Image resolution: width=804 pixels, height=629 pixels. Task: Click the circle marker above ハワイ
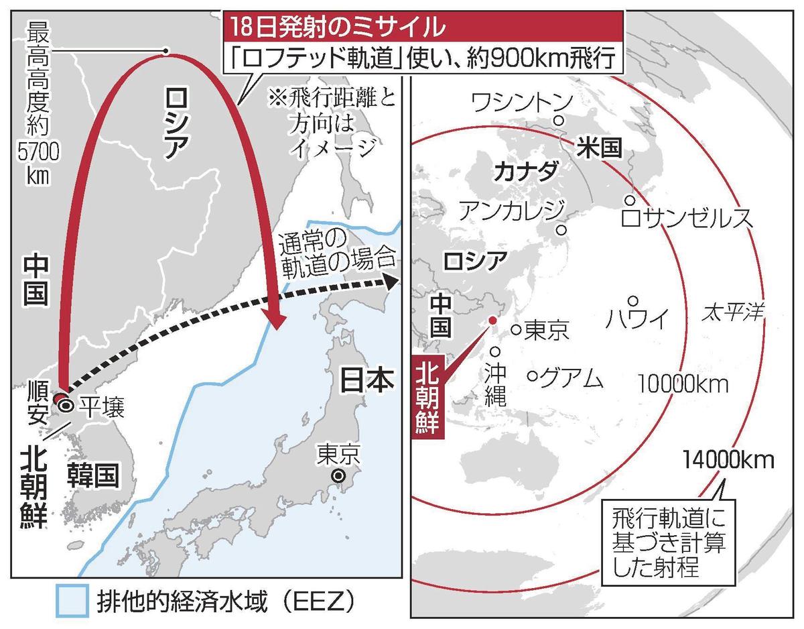(x=632, y=300)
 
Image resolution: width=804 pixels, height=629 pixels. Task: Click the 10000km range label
(x=683, y=384)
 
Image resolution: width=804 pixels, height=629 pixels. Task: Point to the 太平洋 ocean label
(x=734, y=311)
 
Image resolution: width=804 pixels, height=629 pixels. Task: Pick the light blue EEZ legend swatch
(x=71, y=599)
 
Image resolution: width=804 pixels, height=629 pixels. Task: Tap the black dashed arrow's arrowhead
(x=387, y=282)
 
